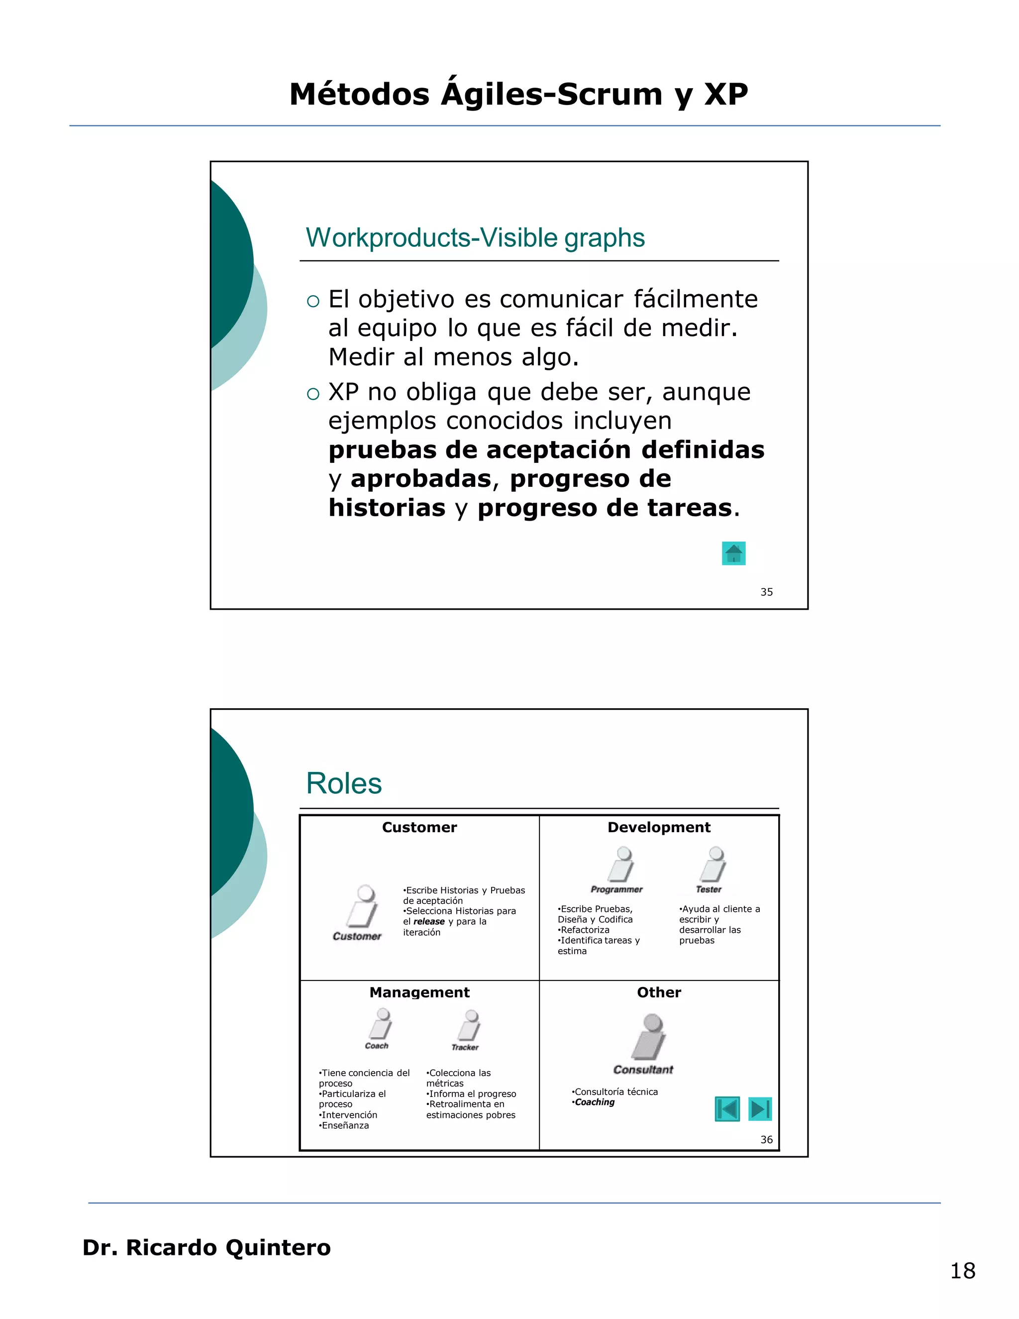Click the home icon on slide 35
pos(733,553)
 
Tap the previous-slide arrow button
pos(727,1109)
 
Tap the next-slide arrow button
pos(760,1109)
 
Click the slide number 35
pos(767,592)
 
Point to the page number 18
pos(963,1271)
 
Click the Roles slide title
pos(344,783)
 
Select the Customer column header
pos(419,827)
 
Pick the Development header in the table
pos(659,827)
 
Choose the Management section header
pos(419,992)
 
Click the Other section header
pos(659,992)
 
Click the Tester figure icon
pos(713,865)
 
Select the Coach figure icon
pos(382,1024)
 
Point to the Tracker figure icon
pos(470,1025)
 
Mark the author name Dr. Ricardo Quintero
pos(206,1248)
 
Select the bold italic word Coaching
pos(595,1102)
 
